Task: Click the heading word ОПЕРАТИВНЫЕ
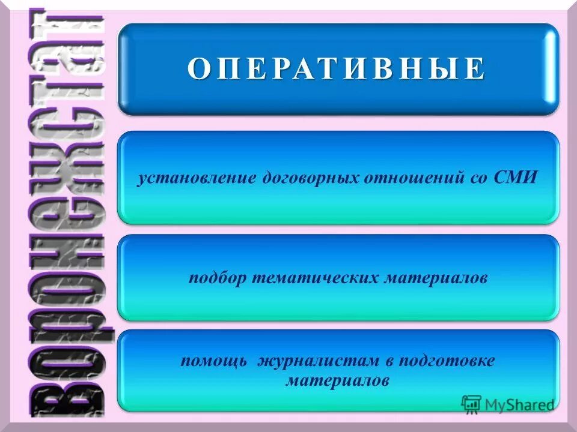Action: pyautogui.click(x=337, y=70)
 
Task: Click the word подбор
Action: pyautogui.click(x=215, y=280)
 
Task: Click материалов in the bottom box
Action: pyautogui.click(x=337, y=380)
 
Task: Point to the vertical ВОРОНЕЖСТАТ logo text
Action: pyautogui.click(x=66, y=216)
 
